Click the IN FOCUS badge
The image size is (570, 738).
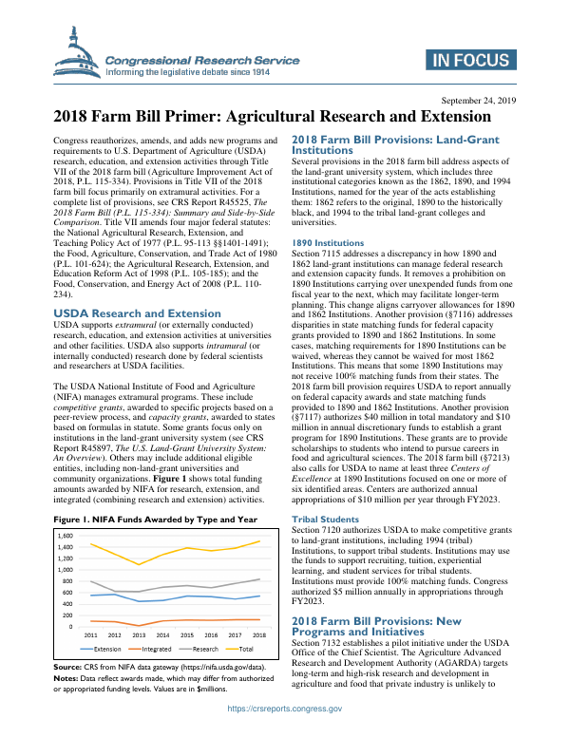coord(469,63)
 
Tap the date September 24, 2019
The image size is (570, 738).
coord(480,100)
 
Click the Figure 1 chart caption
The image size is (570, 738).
coord(155,520)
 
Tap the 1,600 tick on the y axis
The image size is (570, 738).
coord(66,536)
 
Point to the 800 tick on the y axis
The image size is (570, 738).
coord(68,581)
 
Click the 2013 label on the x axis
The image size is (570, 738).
coord(139,634)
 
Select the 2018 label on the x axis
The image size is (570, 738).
coord(258,634)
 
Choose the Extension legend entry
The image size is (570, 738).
coord(107,648)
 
